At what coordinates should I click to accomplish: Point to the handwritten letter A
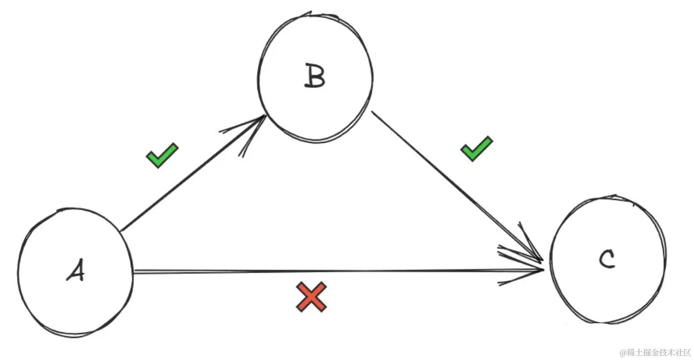(x=75, y=270)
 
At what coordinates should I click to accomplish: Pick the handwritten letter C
(x=607, y=259)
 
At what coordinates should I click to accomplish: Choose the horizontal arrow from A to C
(x=336, y=271)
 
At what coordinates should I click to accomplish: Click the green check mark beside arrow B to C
(x=476, y=149)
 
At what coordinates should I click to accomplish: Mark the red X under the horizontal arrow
(x=311, y=296)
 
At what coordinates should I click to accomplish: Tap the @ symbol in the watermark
(x=622, y=353)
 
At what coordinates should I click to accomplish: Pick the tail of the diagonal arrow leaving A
(x=124, y=229)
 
